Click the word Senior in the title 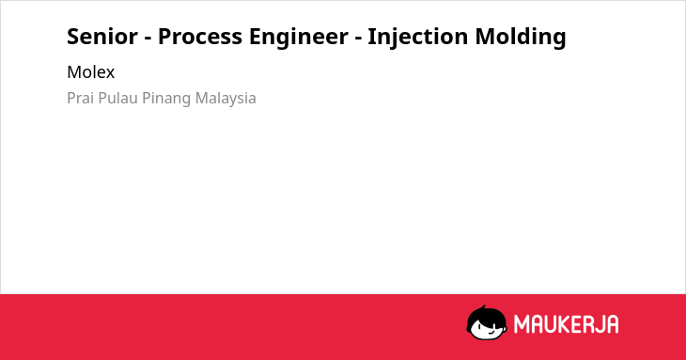102,37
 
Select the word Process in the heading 200,37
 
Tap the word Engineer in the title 299,38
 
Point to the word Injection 418,38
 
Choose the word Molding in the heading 521,38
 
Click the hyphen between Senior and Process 148,39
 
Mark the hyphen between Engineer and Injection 358,39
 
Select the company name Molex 90,72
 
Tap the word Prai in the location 81,98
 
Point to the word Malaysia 226,99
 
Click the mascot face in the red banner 487,322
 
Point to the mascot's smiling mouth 491,333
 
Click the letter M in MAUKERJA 522,324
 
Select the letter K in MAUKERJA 564,324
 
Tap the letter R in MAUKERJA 586,324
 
